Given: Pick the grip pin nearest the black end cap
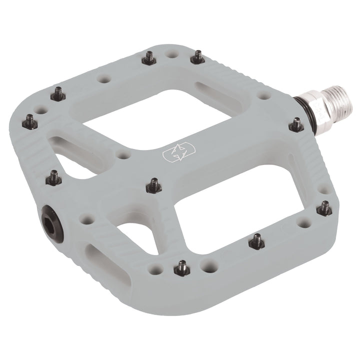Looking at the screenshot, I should pos(54,177).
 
